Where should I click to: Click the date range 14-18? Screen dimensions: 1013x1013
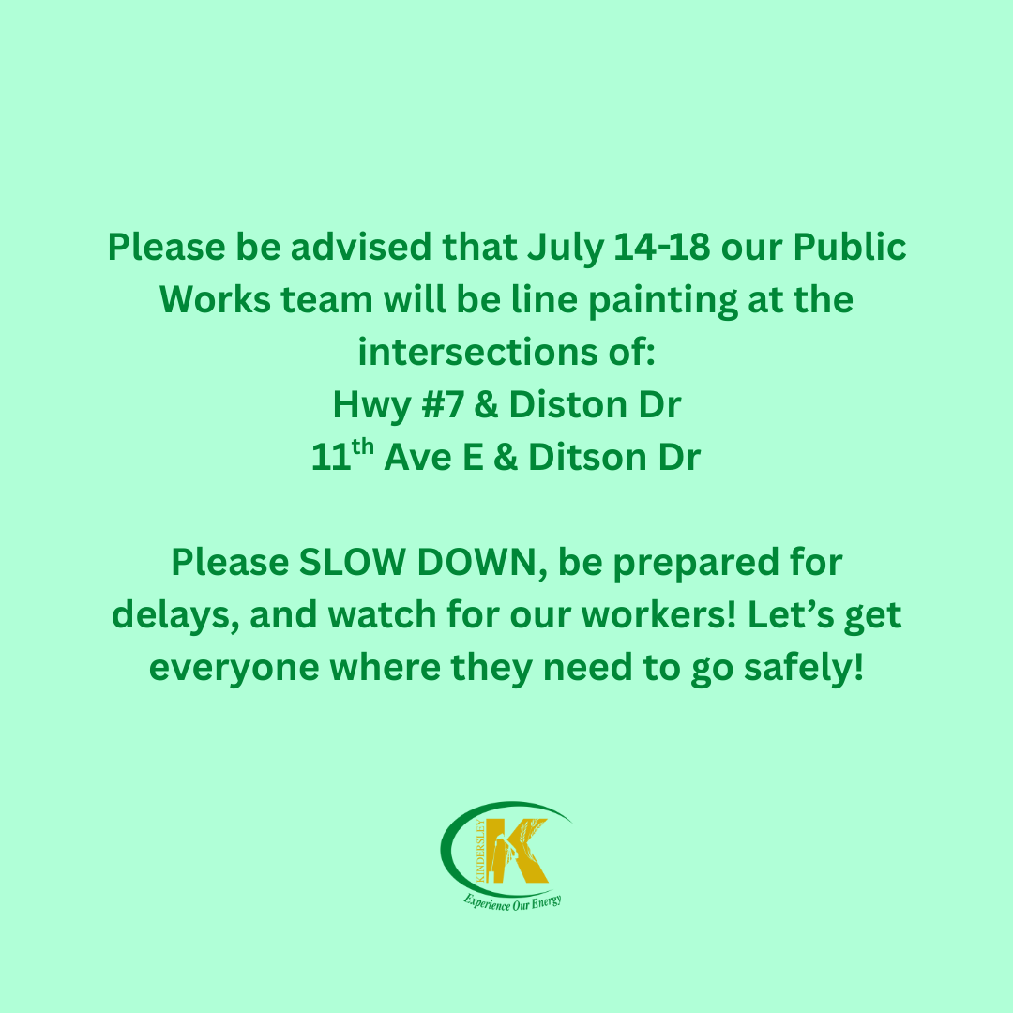[x=661, y=247]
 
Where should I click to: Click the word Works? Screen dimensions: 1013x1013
[x=215, y=300]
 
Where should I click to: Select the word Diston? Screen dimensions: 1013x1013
[x=568, y=405]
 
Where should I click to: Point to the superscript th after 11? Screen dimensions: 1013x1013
[x=362, y=446]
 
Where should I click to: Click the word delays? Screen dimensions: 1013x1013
[x=175, y=616]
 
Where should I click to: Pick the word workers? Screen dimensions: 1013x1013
[x=659, y=614]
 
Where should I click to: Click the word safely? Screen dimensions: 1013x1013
[x=805, y=669]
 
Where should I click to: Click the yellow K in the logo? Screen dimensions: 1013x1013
[x=517, y=850]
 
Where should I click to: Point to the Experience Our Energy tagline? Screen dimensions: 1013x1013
[x=512, y=902]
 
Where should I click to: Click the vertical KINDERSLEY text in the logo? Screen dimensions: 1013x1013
[x=480, y=851]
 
